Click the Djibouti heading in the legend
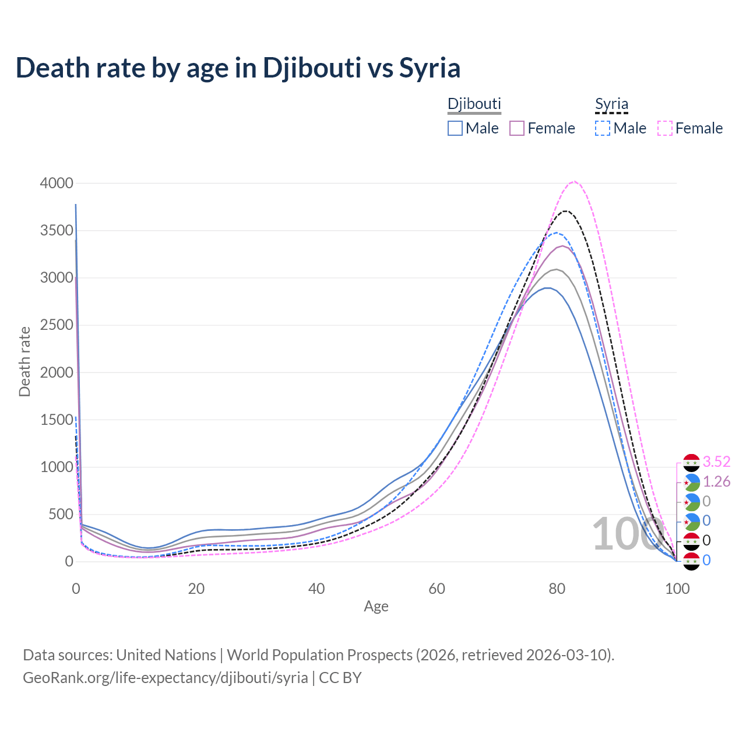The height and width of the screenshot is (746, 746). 474,104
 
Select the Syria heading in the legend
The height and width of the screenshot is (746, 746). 611,104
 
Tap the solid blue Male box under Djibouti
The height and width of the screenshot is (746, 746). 455,128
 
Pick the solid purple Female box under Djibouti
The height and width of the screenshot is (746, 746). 518,128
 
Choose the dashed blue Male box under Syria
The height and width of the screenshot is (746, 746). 603,128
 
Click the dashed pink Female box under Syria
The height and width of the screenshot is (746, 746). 665,128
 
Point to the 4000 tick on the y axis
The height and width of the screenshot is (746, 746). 57,183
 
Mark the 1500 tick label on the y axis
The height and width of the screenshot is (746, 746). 57,420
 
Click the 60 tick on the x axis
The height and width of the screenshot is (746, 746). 437,589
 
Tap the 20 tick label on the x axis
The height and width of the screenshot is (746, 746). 196,589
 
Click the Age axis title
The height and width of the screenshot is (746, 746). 376,607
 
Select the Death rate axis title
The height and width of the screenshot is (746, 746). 24,361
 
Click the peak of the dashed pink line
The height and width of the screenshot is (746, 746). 574,181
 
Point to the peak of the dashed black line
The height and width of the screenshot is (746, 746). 565,211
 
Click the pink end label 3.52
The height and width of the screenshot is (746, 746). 716,462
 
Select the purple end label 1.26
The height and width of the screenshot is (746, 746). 716,482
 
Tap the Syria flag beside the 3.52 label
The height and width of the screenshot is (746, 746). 691,463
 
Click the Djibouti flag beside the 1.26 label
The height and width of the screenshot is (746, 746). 691,483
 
